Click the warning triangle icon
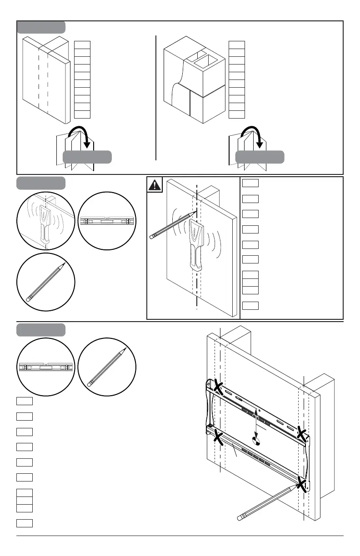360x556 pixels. (155, 185)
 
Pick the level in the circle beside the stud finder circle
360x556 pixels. (107, 221)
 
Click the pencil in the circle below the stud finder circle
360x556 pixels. (46, 282)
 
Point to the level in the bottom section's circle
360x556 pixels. (46, 366)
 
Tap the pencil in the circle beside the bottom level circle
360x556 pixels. (107, 367)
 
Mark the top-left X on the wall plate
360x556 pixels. (219, 387)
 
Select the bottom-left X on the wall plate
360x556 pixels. (219, 438)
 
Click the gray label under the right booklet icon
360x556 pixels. (260, 157)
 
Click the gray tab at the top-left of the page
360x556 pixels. (41, 27)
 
